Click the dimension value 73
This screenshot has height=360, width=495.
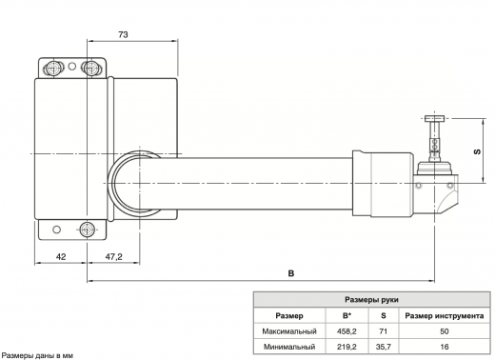(x=124, y=33)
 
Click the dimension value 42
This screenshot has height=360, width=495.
(x=60, y=256)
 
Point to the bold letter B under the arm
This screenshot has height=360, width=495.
(x=290, y=273)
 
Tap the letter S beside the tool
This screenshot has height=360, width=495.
(x=477, y=150)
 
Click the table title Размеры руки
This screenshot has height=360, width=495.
(x=372, y=299)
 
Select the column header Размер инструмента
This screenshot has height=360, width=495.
(x=444, y=315)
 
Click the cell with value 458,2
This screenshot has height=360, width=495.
(x=346, y=330)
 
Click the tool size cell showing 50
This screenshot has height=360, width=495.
(x=444, y=330)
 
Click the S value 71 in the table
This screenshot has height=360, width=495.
(x=383, y=330)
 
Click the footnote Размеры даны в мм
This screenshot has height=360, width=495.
(x=37, y=354)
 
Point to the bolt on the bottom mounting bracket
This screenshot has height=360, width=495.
(x=89, y=229)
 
